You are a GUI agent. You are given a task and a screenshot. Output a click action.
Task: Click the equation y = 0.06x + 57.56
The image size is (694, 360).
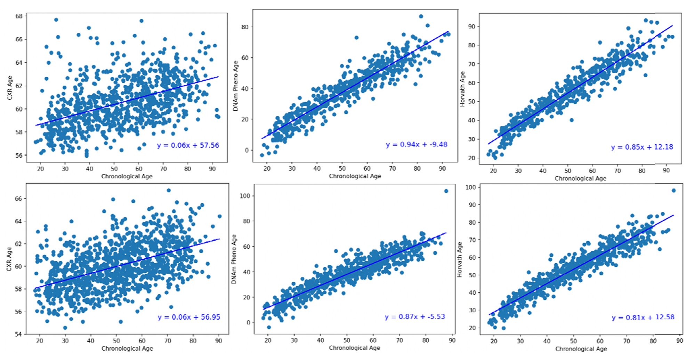pyautogui.click(x=188, y=145)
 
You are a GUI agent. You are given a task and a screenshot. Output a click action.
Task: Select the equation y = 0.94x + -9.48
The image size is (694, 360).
pyautogui.click(x=416, y=144)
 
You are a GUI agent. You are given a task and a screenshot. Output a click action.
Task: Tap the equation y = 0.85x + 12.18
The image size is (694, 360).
pyautogui.click(x=642, y=147)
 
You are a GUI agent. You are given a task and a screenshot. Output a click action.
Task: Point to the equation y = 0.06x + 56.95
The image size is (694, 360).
pyautogui.click(x=189, y=317)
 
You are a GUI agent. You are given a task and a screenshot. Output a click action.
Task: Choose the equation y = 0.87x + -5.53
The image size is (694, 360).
pyautogui.click(x=414, y=317)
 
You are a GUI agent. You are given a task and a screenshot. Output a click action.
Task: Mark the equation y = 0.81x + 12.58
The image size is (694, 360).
pyautogui.click(x=643, y=317)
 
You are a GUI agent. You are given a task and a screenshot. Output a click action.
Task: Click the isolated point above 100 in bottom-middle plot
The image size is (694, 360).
pyautogui.click(x=446, y=191)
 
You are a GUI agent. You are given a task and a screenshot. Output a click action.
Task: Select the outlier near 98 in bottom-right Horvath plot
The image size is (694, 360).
pyautogui.click(x=673, y=191)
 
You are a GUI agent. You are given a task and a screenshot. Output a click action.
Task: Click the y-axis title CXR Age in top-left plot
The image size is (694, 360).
pyautogui.click(x=10, y=88)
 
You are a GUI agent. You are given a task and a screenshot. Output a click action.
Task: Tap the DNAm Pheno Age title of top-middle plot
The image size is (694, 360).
pyautogui.click(x=235, y=86)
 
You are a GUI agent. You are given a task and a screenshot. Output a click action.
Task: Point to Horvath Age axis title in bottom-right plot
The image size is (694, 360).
pyautogui.click(x=460, y=259)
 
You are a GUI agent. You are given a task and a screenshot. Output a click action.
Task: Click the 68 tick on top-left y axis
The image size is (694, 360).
pyautogui.click(x=19, y=16)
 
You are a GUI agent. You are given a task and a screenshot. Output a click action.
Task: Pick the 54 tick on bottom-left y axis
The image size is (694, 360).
pyautogui.click(x=18, y=334)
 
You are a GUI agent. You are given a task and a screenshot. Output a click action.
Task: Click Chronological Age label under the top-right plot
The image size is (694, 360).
pyautogui.click(x=580, y=178)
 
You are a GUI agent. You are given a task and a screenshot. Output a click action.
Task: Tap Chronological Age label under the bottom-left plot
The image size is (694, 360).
pyautogui.click(x=127, y=348)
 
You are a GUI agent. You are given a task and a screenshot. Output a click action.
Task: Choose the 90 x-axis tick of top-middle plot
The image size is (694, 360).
pyautogui.click(x=442, y=168)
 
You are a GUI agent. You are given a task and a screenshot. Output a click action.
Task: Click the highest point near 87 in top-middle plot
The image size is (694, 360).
pyautogui.click(x=421, y=16)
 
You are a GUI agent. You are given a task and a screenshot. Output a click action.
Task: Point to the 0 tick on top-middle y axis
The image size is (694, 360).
pyautogui.click(x=247, y=150)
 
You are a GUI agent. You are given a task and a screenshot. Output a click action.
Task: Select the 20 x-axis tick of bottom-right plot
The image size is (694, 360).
pyautogui.click(x=494, y=341)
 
